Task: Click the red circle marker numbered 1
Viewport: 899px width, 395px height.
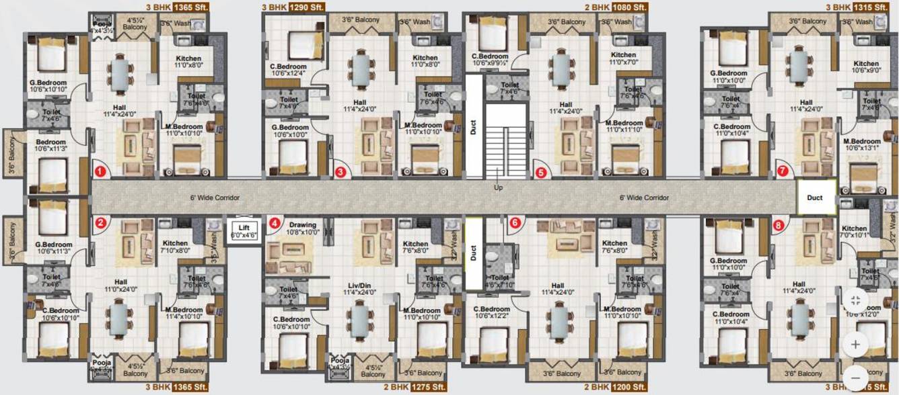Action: coord(100,171)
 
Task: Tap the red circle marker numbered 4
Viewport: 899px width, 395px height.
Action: coord(274,223)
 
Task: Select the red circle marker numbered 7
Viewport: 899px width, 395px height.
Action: coord(782,171)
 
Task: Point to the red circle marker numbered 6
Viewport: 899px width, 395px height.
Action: coord(515,222)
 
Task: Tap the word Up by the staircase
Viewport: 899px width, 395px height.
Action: coord(498,187)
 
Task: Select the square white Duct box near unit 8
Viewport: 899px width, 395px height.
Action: coord(815,197)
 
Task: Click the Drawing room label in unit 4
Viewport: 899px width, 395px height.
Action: coord(303,228)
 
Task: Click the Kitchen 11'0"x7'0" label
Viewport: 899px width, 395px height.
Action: coord(623,58)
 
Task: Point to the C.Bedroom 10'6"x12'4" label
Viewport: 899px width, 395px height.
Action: coord(289,69)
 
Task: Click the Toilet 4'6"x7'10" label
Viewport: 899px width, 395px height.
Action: coord(500,281)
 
